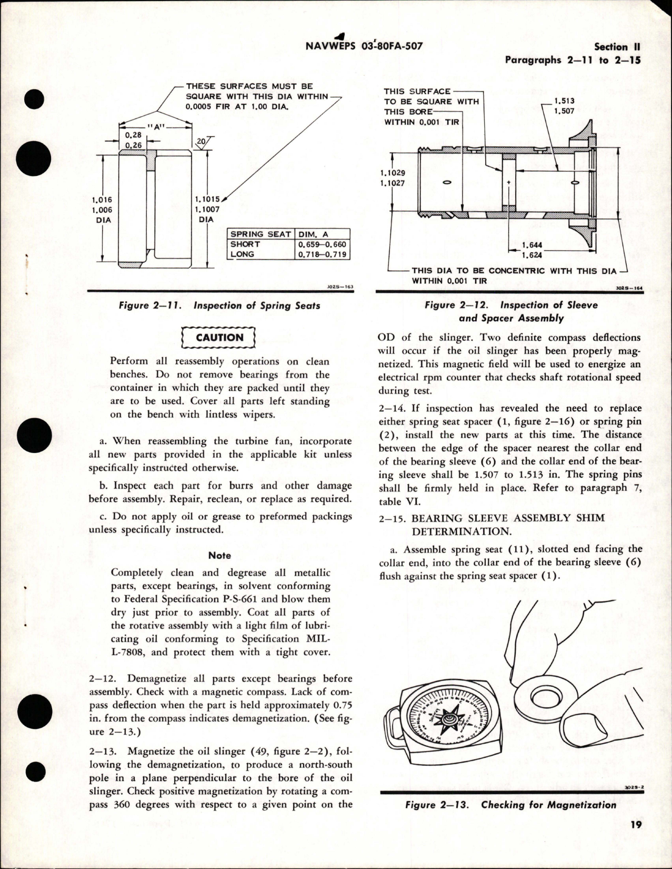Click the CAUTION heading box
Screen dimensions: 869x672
pos(219,338)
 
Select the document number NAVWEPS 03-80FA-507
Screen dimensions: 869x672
pos(364,46)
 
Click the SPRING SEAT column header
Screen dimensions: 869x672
pos(261,234)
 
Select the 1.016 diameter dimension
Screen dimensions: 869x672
pos(102,200)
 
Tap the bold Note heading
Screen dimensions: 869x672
pos(219,555)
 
